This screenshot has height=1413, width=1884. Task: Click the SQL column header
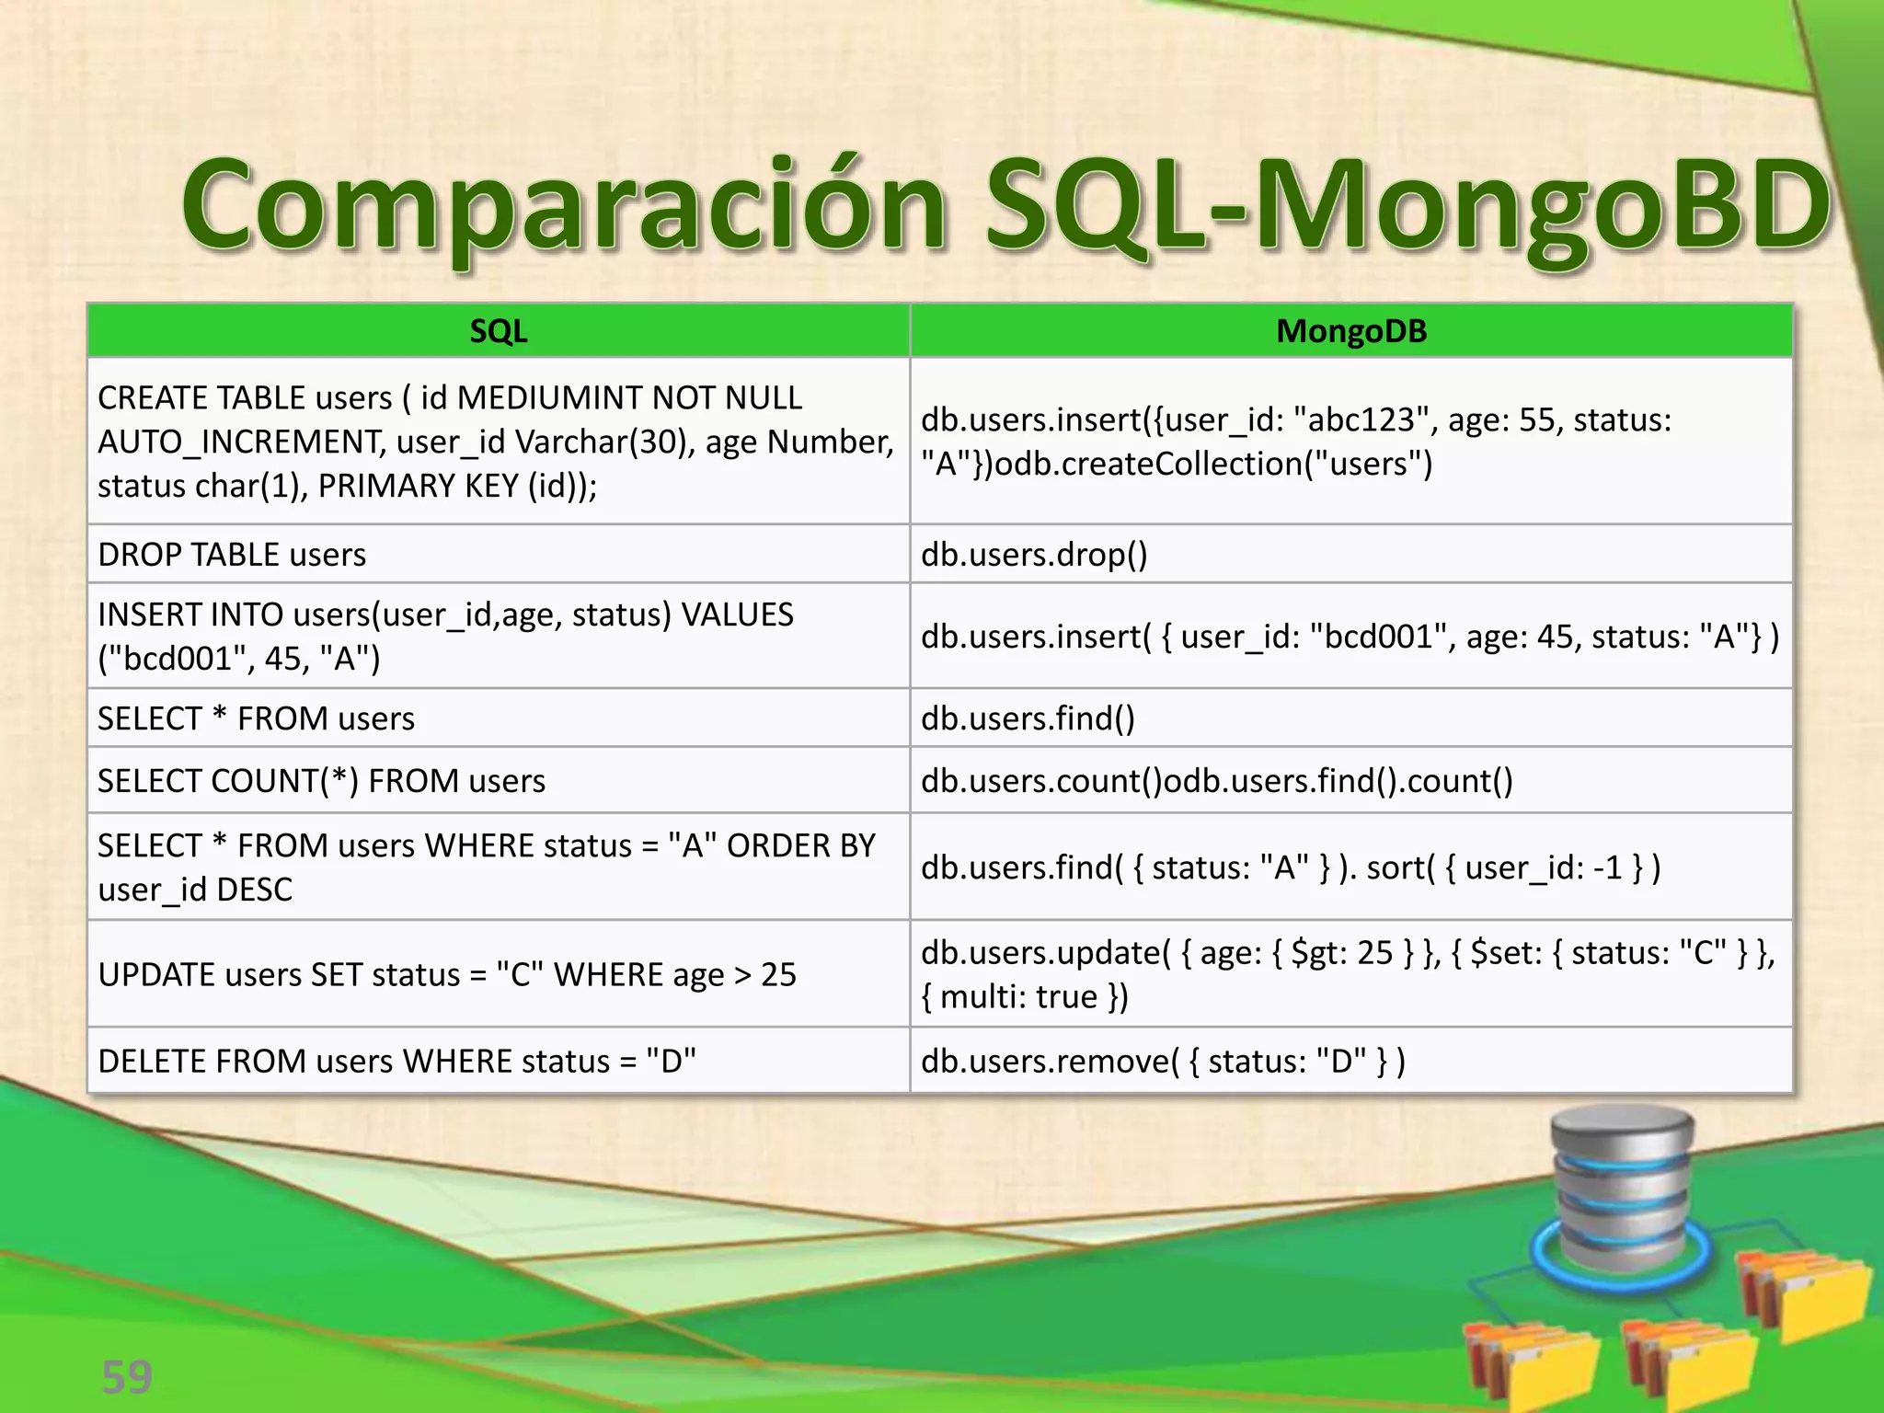tap(498, 331)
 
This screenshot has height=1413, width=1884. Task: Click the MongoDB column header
tap(1350, 331)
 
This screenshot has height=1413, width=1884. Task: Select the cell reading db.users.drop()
tap(1034, 555)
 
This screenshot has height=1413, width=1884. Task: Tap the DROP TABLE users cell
tap(232, 555)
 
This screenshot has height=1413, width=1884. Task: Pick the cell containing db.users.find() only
tap(1028, 718)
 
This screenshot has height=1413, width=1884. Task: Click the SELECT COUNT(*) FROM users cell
tap(321, 781)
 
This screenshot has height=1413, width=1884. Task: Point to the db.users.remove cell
tap(1163, 1062)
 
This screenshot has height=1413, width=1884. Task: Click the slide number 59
tap(126, 1377)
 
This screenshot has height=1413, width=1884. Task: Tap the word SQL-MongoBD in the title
tap(1407, 207)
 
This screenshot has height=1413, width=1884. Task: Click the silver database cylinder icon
tap(1621, 1187)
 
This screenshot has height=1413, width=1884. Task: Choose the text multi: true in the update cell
tap(1018, 997)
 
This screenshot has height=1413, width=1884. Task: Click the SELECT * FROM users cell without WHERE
tap(256, 718)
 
